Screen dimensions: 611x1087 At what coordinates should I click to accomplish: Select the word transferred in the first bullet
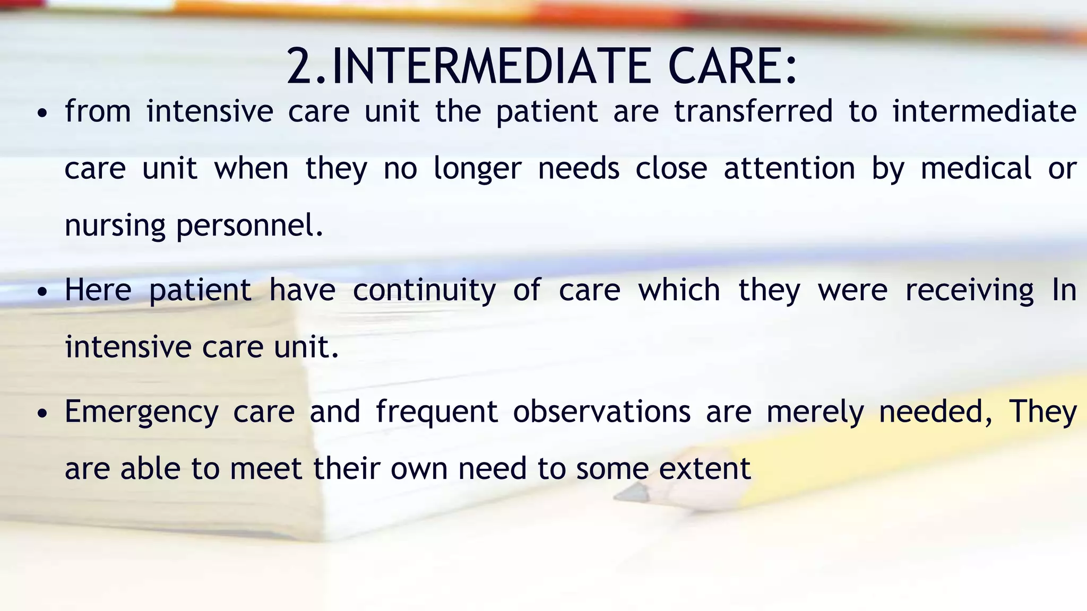click(753, 111)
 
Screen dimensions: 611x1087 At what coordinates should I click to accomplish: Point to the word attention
click(789, 169)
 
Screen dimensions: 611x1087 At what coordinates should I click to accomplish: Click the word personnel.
click(249, 225)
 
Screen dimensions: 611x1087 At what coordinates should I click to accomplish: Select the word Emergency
click(141, 412)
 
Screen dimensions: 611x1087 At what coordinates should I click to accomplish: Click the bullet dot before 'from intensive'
click(43, 114)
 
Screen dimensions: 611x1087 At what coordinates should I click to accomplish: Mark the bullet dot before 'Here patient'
click(43, 292)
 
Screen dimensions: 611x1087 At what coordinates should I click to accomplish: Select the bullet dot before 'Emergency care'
click(43, 414)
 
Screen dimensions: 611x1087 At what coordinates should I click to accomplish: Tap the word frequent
click(436, 412)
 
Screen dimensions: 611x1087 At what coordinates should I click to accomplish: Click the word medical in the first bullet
click(976, 169)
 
